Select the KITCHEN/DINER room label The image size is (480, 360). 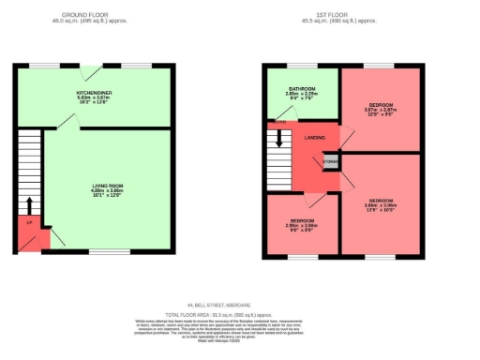[94, 94]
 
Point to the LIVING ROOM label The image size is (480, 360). [108, 187]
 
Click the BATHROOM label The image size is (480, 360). [301, 89]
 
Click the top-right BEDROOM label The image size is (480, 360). [380, 103]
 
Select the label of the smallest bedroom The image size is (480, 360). [302, 219]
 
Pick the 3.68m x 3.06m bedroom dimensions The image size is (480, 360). [380, 206]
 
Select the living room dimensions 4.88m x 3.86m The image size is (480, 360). [108, 194]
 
